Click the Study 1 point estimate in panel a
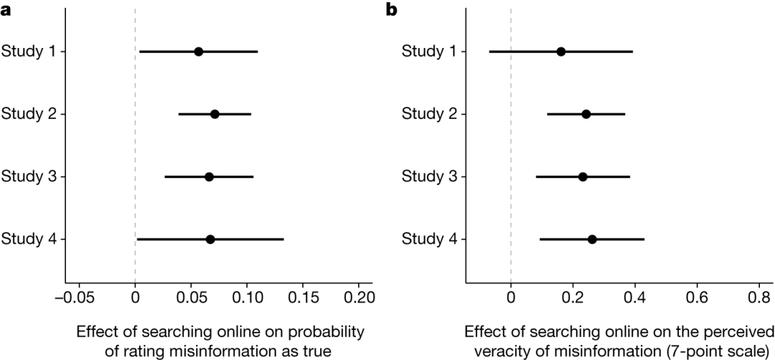click(199, 52)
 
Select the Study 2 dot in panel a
click(215, 114)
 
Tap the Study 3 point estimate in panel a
click(209, 176)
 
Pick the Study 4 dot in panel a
click(210, 239)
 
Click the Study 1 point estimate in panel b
click(561, 52)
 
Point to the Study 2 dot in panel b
click(586, 114)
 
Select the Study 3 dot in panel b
click(583, 176)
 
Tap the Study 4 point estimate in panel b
click(592, 239)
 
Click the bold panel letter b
click(391, 9)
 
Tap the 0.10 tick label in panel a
click(247, 296)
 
